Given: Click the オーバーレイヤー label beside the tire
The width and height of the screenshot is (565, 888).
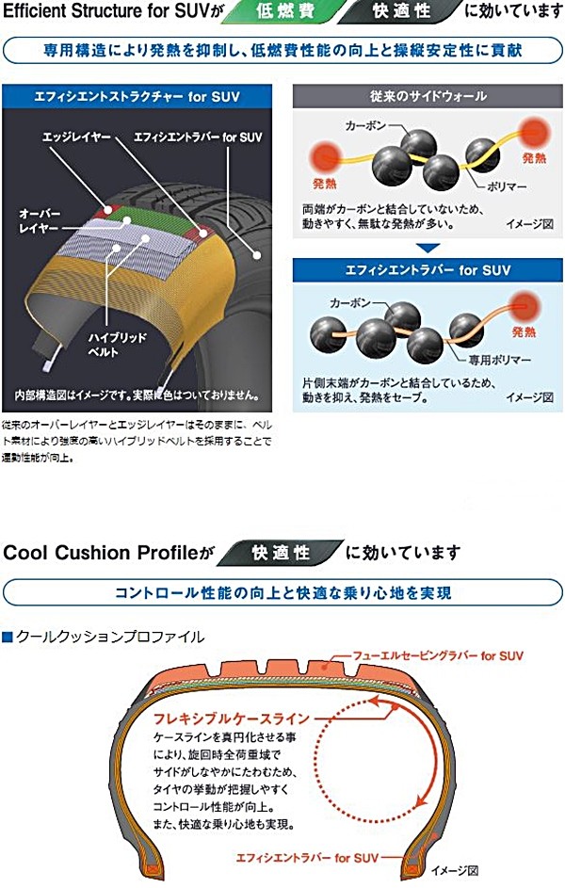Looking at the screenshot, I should click(x=39, y=220).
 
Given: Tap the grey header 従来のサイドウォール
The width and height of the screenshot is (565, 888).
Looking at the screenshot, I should click(x=428, y=96).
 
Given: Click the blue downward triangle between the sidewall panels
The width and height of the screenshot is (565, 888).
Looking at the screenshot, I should click(x=428, y=249).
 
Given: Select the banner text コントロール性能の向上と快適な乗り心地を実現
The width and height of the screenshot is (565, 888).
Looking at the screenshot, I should click(x=282, y=592).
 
